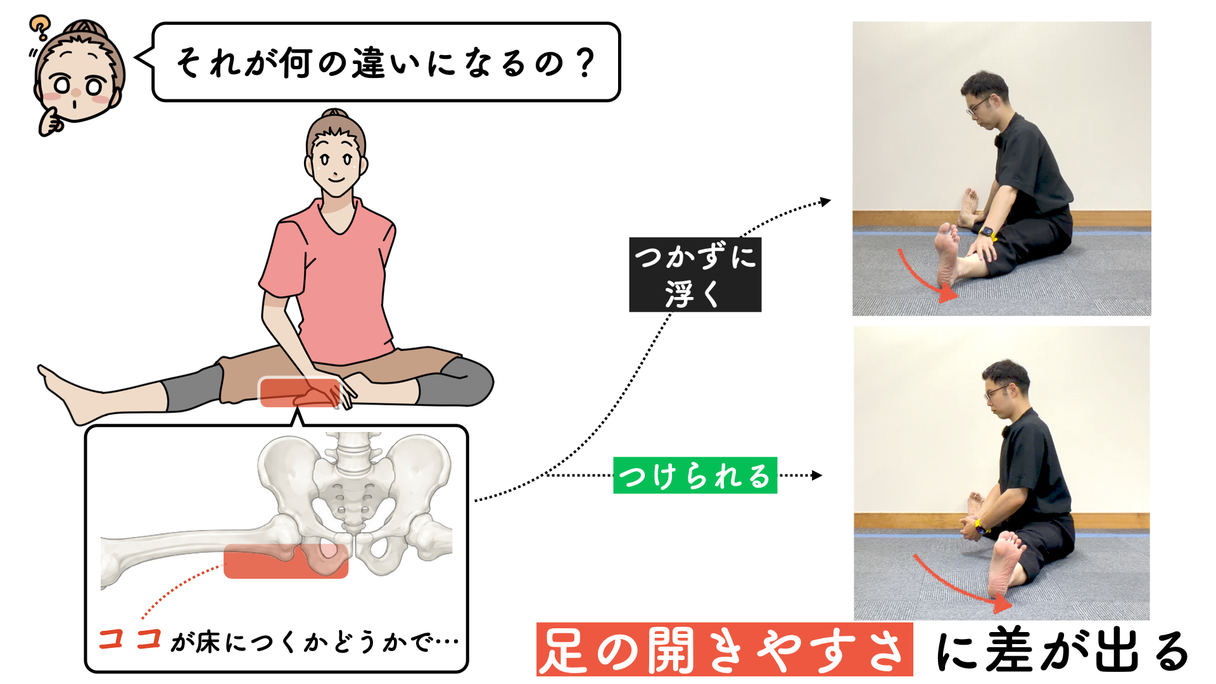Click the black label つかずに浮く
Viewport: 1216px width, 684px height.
tap(695, 275)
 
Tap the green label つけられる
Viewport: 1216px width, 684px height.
tap(695, 476)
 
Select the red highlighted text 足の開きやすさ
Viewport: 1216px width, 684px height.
tap(725, 650)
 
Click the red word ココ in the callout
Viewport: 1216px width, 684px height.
tap(130, 639)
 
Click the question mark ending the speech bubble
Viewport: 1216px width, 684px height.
tap(586, 63)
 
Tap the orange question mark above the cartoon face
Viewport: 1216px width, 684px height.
tap(39, 27)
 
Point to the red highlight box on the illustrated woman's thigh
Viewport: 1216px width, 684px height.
tap(300, 392)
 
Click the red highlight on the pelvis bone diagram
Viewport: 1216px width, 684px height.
tap(286, 561)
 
